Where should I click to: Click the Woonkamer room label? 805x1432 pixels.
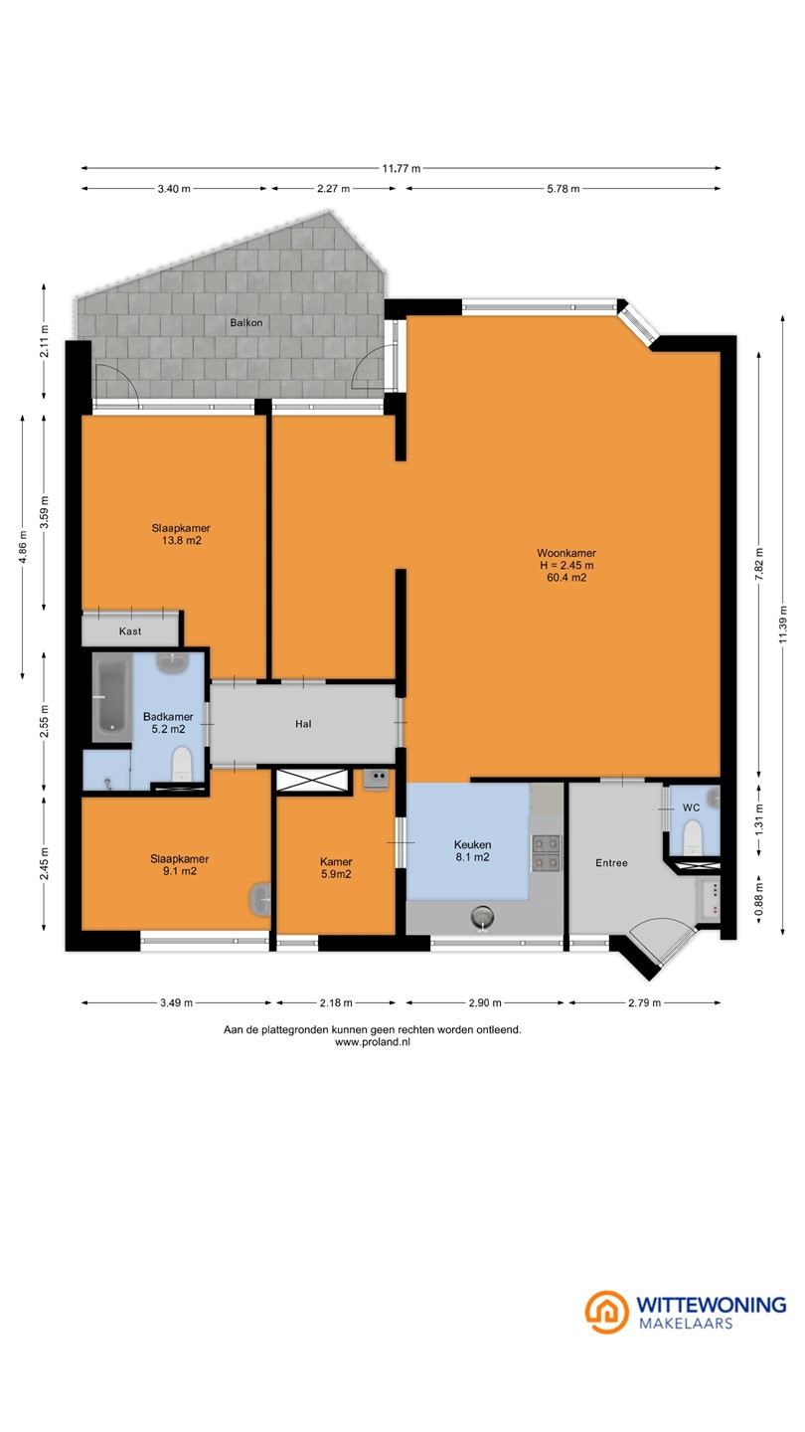[566, 553]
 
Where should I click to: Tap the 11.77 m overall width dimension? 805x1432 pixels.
[402, 169]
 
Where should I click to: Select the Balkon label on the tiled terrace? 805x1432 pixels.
[246, 323]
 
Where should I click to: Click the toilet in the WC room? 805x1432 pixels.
[693, 837]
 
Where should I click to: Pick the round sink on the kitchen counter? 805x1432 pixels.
[482, 919]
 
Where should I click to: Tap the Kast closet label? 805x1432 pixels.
[129, 630]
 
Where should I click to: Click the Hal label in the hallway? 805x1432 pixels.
[303, 724]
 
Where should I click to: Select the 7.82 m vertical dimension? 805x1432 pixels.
[758, 565]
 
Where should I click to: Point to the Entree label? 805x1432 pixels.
[611, 863]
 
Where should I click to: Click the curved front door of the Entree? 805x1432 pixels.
[662, 939]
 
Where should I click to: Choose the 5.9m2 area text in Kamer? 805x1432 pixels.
[336, 874]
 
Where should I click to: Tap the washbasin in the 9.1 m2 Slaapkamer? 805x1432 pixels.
[260, 899]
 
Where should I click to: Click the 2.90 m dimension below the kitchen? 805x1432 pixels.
[485, 1002]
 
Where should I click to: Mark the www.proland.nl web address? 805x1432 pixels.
[373, 1041]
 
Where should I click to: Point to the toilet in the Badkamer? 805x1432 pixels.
[182, 764]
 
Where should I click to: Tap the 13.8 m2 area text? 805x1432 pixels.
[182, 540]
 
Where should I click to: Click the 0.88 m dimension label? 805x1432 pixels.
[758, 899]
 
